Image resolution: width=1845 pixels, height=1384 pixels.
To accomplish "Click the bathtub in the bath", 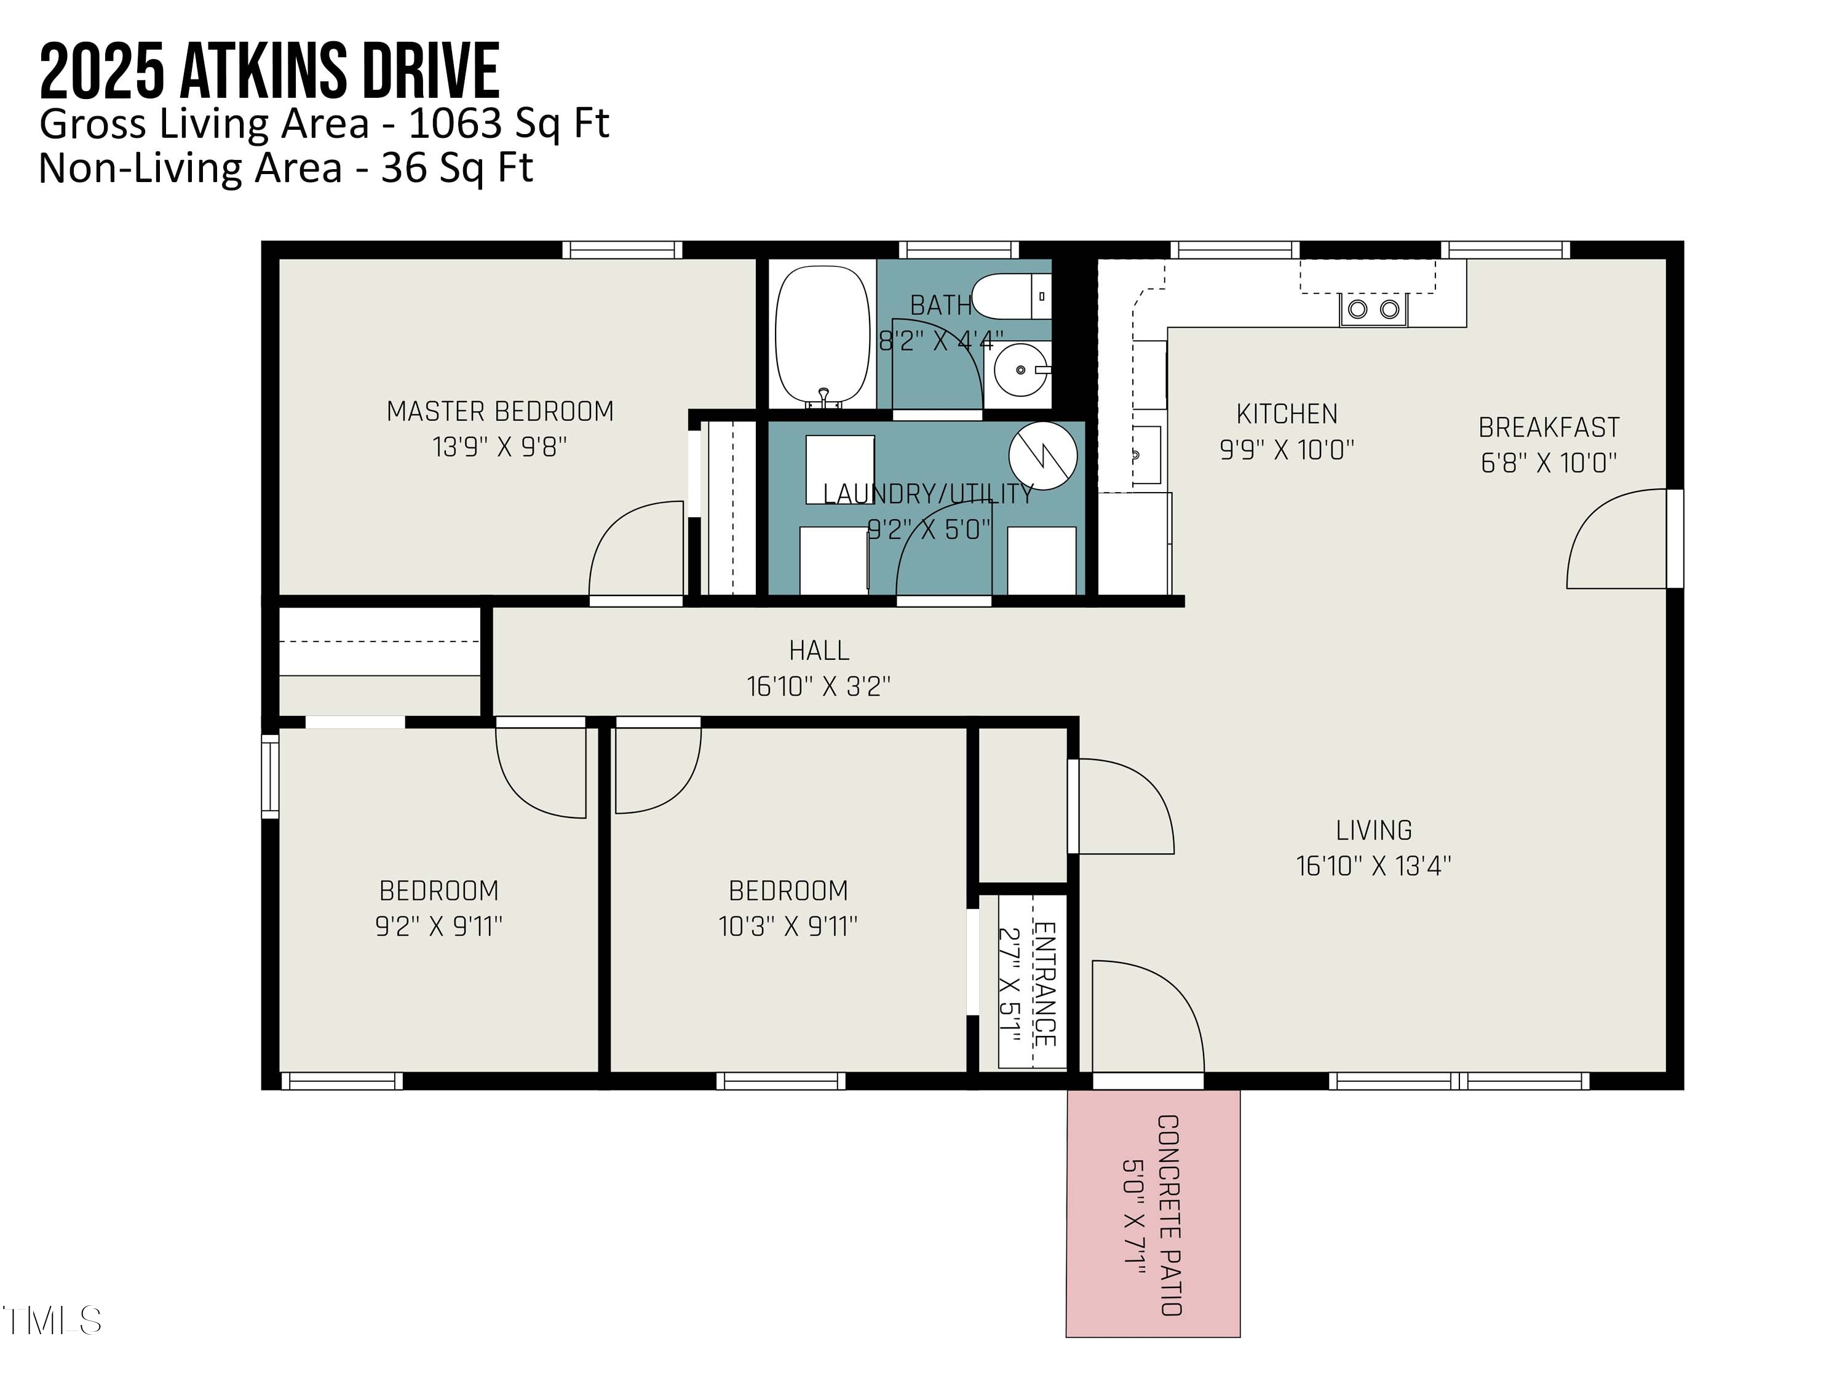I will click(822, 335).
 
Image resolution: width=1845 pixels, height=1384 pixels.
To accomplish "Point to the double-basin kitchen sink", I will click(1373, 309).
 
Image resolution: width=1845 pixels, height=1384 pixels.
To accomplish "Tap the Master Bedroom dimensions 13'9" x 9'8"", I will click(499, 447).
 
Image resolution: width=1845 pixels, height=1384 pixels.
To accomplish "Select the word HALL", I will click(819, 651).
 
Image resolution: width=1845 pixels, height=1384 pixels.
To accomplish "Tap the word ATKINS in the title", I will click(263, 73).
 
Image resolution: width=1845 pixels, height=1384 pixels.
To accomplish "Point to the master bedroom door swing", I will click(634, 551).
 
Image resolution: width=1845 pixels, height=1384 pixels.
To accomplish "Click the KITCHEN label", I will click(1286, 414).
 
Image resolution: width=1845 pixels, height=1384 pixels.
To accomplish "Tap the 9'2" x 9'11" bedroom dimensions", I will click(438, 926).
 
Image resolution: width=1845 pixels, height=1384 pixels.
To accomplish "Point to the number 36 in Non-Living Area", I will click(403, 169).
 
